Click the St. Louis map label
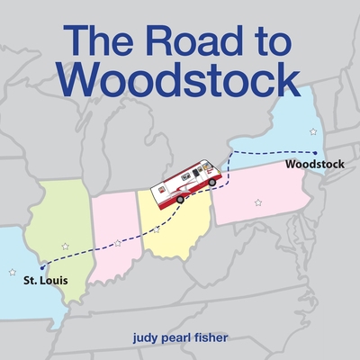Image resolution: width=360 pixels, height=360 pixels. [45, 280]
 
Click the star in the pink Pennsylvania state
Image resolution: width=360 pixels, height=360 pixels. [258, 202]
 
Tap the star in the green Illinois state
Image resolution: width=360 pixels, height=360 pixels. [64, 245]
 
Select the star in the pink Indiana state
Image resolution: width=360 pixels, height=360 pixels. [118, 242]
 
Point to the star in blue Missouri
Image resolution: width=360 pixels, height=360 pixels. [12, 271]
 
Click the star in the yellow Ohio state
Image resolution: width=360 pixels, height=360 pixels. [157, 229]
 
